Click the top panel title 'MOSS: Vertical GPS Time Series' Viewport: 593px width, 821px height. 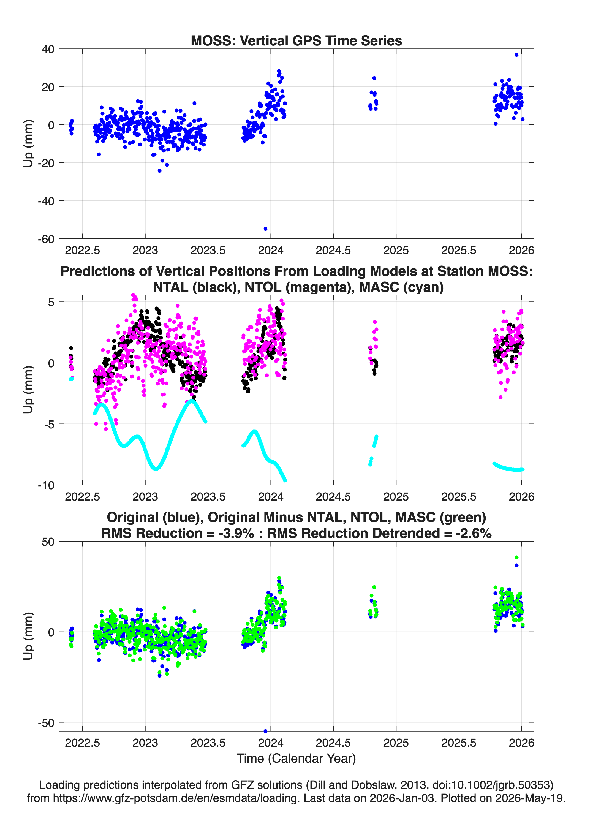[296, 40]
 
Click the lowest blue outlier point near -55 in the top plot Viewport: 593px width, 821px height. [265, 229]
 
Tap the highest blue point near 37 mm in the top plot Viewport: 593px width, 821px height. [517, 55]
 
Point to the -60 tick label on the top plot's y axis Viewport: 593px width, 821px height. [46, 239]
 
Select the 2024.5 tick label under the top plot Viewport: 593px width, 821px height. [333, 250]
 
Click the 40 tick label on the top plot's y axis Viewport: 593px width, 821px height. [48, 49]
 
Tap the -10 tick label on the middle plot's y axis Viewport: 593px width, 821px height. [46, 485]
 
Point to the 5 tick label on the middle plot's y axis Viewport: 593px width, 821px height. [51, 302]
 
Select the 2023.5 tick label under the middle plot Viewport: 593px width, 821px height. [208, 497]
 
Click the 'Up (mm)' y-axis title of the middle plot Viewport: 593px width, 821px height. [28, 390]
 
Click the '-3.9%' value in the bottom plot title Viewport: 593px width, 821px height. [236, 533]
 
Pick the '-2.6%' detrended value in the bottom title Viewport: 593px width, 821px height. [474, 533]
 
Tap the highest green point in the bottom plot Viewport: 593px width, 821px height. [517, 558]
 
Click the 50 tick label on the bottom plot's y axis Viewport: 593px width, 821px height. [48, 542]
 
